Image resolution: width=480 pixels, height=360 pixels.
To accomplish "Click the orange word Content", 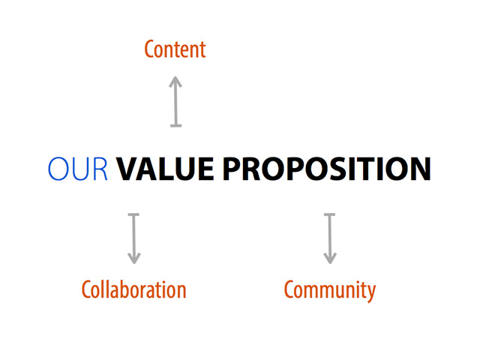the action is point(175,49).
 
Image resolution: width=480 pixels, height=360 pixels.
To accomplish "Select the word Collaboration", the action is point(133,289).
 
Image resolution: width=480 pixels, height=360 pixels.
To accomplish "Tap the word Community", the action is point(330,290).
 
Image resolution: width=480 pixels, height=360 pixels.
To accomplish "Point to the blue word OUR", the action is point(78,168).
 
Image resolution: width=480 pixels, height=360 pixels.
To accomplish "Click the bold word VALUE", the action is point(165,168).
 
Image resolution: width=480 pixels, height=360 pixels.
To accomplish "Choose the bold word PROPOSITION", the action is point(327,168).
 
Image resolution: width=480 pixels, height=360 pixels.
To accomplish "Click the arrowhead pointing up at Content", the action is point(175,82).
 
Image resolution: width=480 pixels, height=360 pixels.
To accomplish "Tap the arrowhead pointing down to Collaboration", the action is point(133,258).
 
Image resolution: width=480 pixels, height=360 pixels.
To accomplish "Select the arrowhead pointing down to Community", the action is point(330,258).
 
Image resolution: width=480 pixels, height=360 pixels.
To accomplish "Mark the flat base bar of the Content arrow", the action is point(175,125).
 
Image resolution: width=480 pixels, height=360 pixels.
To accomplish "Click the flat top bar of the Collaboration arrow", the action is point(133,214).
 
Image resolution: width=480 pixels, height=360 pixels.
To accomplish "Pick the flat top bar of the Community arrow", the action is point(330,214).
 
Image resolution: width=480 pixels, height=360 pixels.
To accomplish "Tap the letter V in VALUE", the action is point(126,169).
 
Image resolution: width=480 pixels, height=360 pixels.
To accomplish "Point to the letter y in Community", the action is point(370,293).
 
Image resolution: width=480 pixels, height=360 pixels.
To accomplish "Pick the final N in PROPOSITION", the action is point(421,169).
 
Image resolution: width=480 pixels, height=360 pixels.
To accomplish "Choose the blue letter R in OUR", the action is point(100,169).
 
